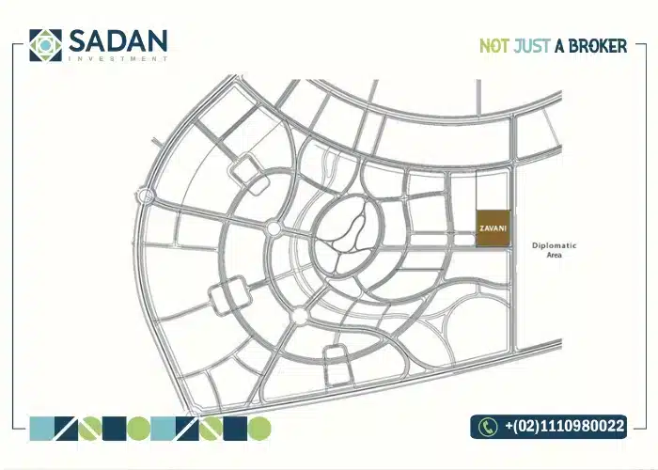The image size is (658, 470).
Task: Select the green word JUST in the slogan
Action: tap(531, 45)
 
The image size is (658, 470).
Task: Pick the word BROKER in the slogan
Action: tap(597, 45)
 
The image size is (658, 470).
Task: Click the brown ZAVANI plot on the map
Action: tap(493, 228)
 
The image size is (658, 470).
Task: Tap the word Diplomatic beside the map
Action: tap(554, 245)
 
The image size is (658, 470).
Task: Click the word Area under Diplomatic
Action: tap(554, 255)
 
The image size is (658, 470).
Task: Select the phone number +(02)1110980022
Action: tap(564, 427)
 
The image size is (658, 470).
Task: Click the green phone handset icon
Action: tap(487, 427)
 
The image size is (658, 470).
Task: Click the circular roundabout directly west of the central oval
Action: tap(274, 228)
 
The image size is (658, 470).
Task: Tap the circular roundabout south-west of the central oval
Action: tap(299, 314)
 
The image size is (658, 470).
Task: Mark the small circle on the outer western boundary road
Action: tap(146, 196)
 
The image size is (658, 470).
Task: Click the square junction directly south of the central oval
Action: tap(336, 355)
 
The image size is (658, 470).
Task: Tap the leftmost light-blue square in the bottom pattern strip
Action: tap(42, 429)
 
